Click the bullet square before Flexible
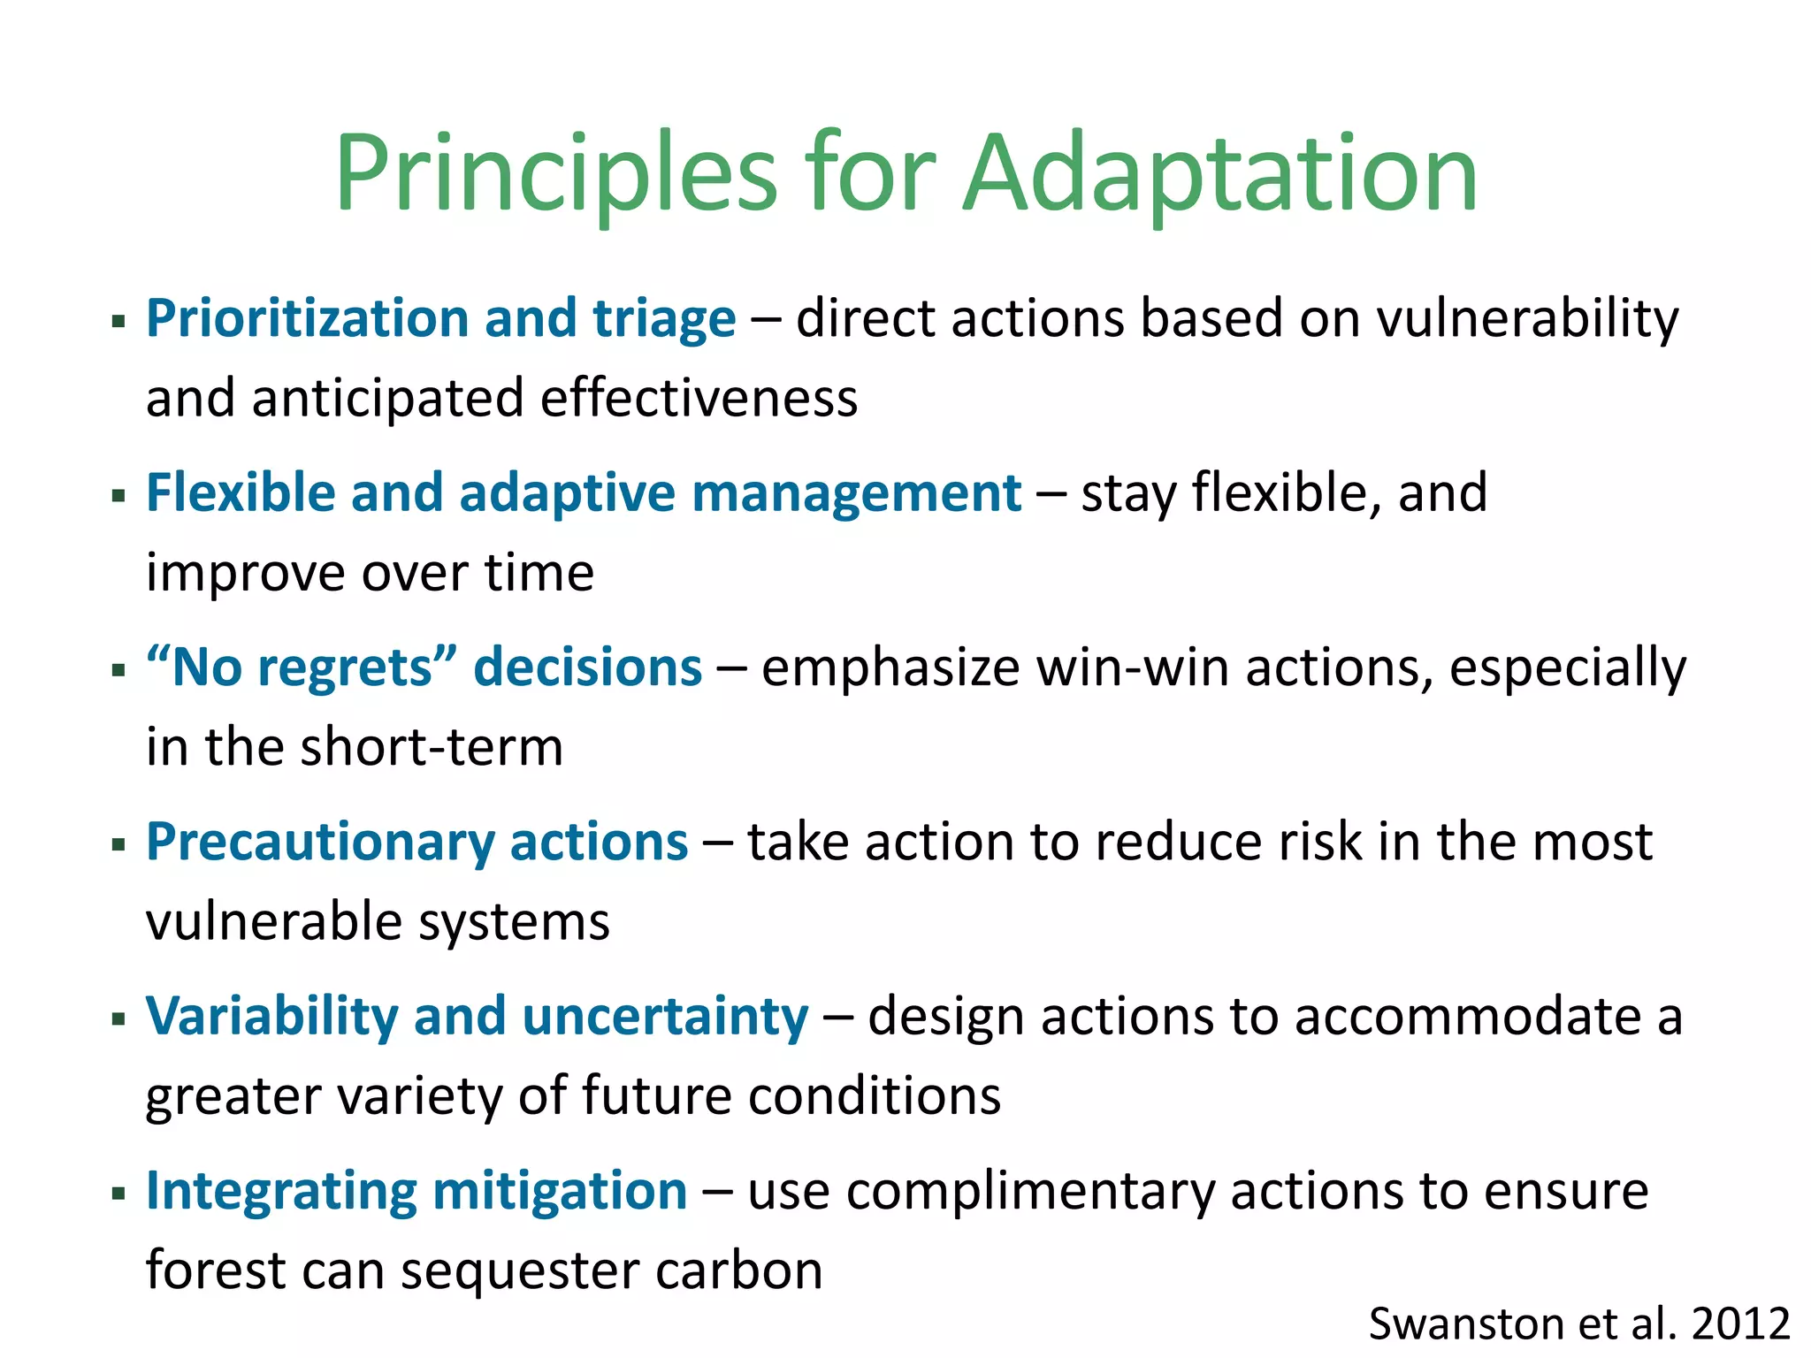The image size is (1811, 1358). pyautogui.click(x=118, y=495)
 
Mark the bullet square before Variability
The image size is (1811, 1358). pyautogui.click(x=118, y=1019)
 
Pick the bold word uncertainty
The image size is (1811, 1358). pyautogui.click(x=665, y=1017)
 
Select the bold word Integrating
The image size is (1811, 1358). pyautogui.click(x=281, y=1192)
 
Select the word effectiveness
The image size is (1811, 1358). pyautogui.click(x=699, y=399)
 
